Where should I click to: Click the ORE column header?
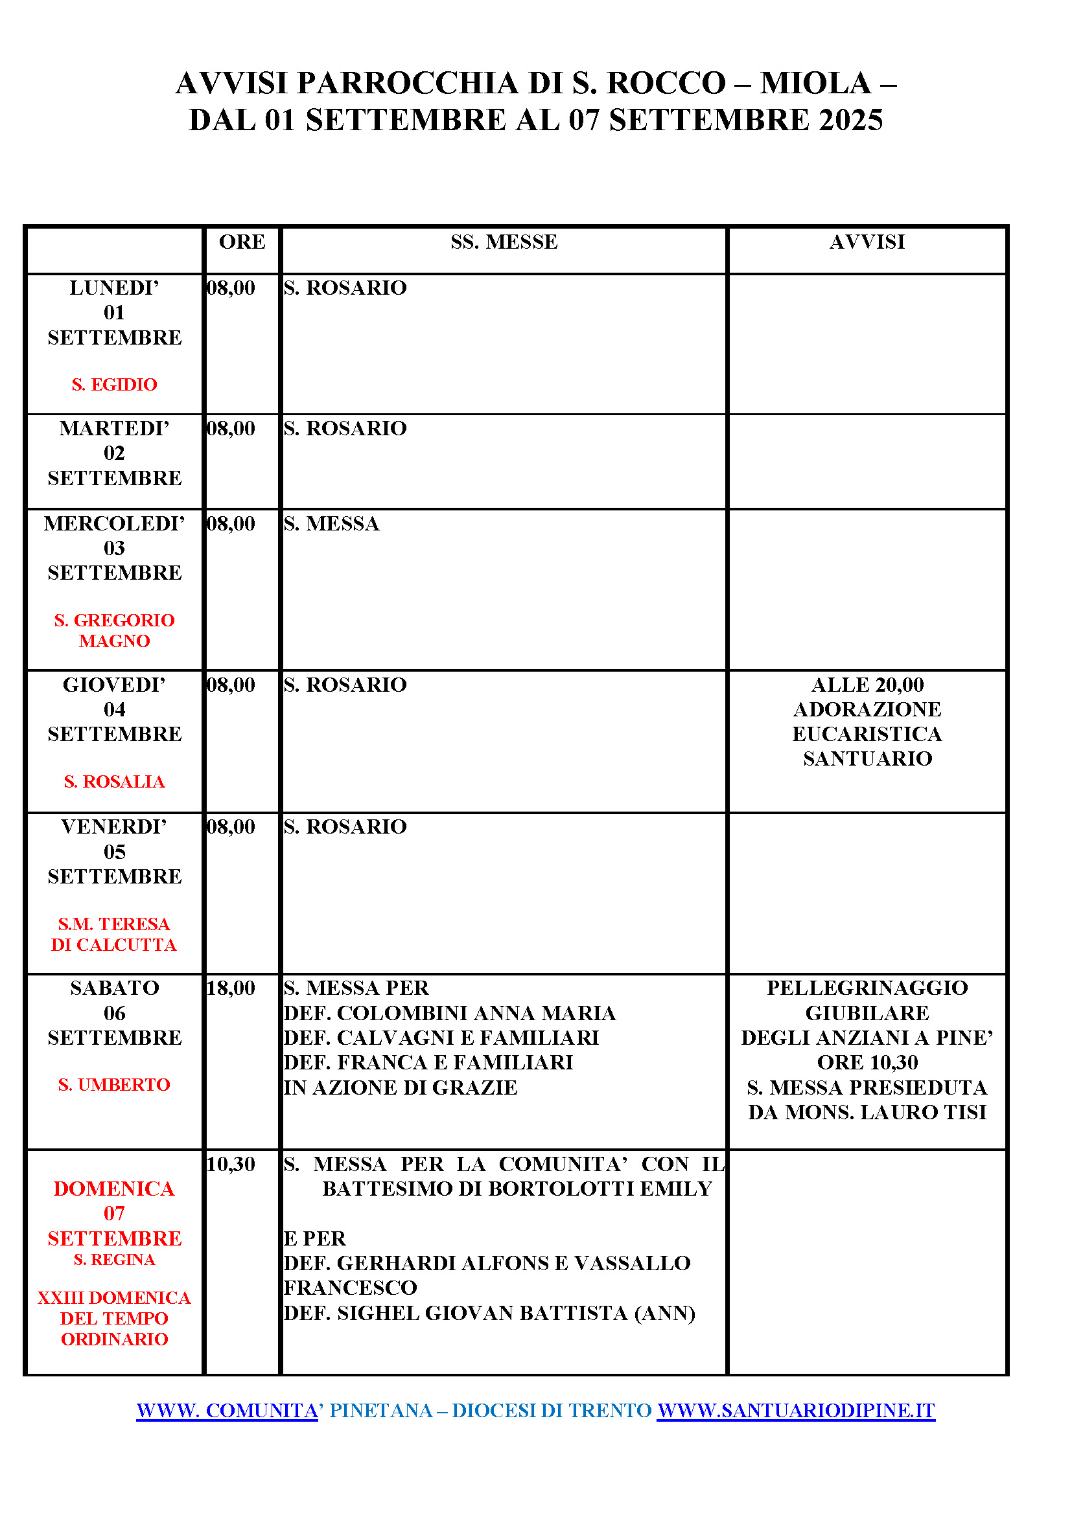click(x=242, y=242)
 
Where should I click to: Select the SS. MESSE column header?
click(x=504, y=242)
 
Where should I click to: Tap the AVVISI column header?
click(x=867, y=242)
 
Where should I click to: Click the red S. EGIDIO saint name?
click(x=114, y=384)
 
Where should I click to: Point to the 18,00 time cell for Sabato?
click(x=231, y=988)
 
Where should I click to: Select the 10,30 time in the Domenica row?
click(x=231, y=1163)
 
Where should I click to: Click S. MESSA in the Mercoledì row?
click(x=331, y=524)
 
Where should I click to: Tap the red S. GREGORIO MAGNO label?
click(x=114, y=630)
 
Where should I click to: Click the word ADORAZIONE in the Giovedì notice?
click(x=867, y=709)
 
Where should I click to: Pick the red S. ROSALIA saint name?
click(x=114, y=781)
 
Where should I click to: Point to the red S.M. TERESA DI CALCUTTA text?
click(x=114, y=934)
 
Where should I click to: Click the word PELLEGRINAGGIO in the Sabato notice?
click(x=867, y=988)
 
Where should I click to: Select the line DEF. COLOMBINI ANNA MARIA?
click(x=449, y=1013)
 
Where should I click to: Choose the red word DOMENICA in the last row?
click(x=114, y=1189)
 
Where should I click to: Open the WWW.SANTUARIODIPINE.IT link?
click(x=795, y=1410)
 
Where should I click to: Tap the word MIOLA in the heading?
click(x=816, y=84)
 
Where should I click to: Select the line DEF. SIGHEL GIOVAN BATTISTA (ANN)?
click(x=489, y=1313)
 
